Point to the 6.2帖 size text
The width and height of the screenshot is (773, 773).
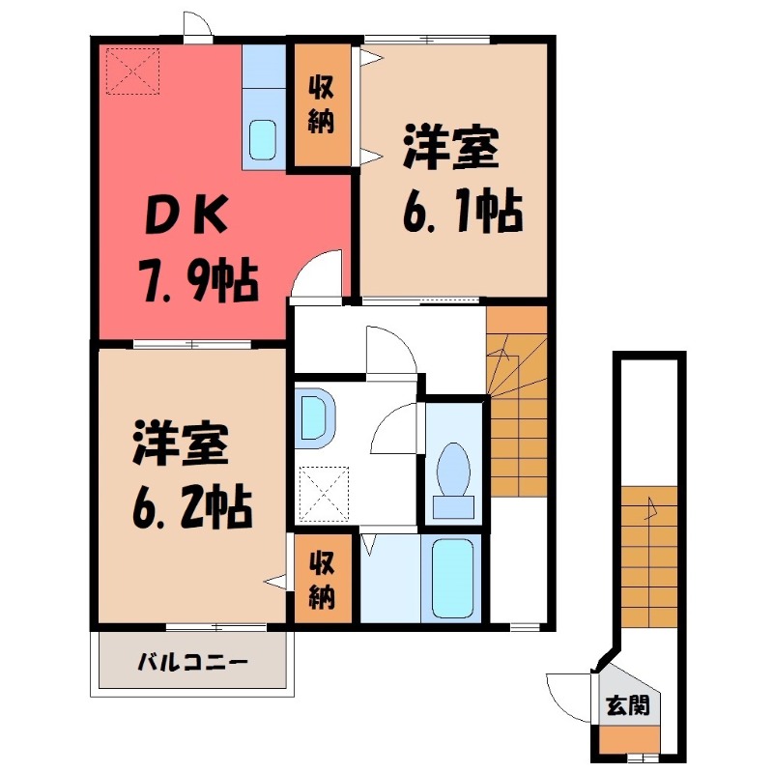pos(189,504)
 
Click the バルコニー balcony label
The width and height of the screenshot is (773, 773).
pos(192,663)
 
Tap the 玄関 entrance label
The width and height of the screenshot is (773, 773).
pos(627,705)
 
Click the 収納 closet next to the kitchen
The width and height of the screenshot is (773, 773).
pos(322,106)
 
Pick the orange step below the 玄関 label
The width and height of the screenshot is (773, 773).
pos(627,738)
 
